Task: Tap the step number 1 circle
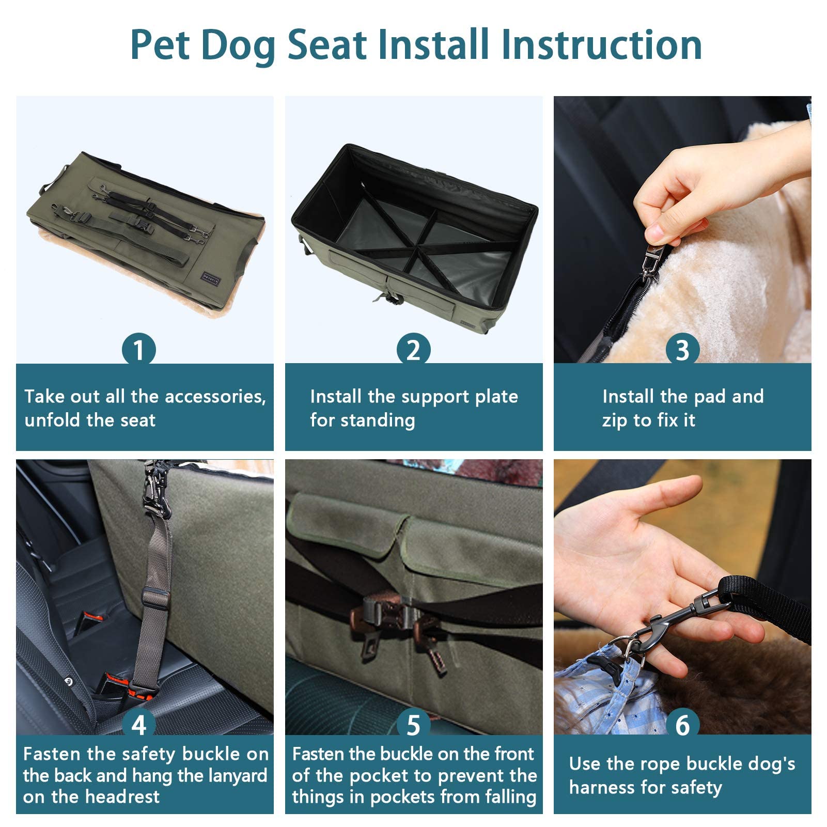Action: (x=138, y=350)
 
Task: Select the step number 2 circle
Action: (x=413, y=350)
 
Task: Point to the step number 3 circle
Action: (x=682, y=350)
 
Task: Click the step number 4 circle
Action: (x=138, y=725)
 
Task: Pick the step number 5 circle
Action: (x=413, y=725)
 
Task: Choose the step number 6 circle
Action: (x=682, y=725)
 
